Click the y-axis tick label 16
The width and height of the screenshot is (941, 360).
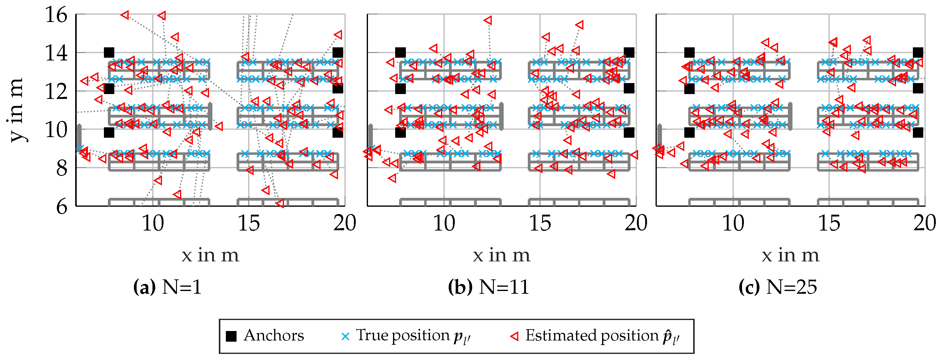56,15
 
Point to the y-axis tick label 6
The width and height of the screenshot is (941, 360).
62,207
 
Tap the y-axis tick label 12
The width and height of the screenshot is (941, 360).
56,92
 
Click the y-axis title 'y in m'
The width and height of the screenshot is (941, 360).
17,110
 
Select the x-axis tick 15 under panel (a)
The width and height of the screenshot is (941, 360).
249,223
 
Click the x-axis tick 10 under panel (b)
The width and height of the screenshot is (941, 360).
444,223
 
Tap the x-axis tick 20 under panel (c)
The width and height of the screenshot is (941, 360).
924,223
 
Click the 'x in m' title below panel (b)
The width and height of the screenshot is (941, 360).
501,255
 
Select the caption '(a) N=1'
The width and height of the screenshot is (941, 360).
167,287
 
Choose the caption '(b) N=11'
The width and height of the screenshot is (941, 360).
488,287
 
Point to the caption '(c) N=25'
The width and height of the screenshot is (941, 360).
777,287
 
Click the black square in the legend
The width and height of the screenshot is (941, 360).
231,336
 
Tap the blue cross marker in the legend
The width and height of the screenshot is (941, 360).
345,336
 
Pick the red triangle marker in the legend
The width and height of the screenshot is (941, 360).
514,336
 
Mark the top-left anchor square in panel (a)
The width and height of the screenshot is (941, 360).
109,53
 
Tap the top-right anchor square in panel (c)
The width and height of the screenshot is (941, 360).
918,53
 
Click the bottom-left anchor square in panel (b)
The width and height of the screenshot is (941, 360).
400,133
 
